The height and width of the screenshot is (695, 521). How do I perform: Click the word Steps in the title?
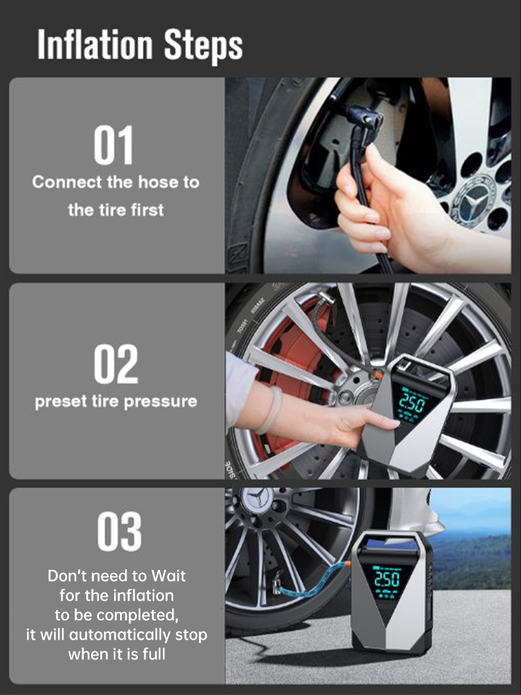[x=204, y=47]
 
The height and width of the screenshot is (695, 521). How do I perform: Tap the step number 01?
[x=113, y=145]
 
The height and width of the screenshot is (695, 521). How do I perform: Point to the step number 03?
[x=119, y=531]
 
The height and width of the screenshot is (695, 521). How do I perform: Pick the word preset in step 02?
[x=61, y=402]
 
